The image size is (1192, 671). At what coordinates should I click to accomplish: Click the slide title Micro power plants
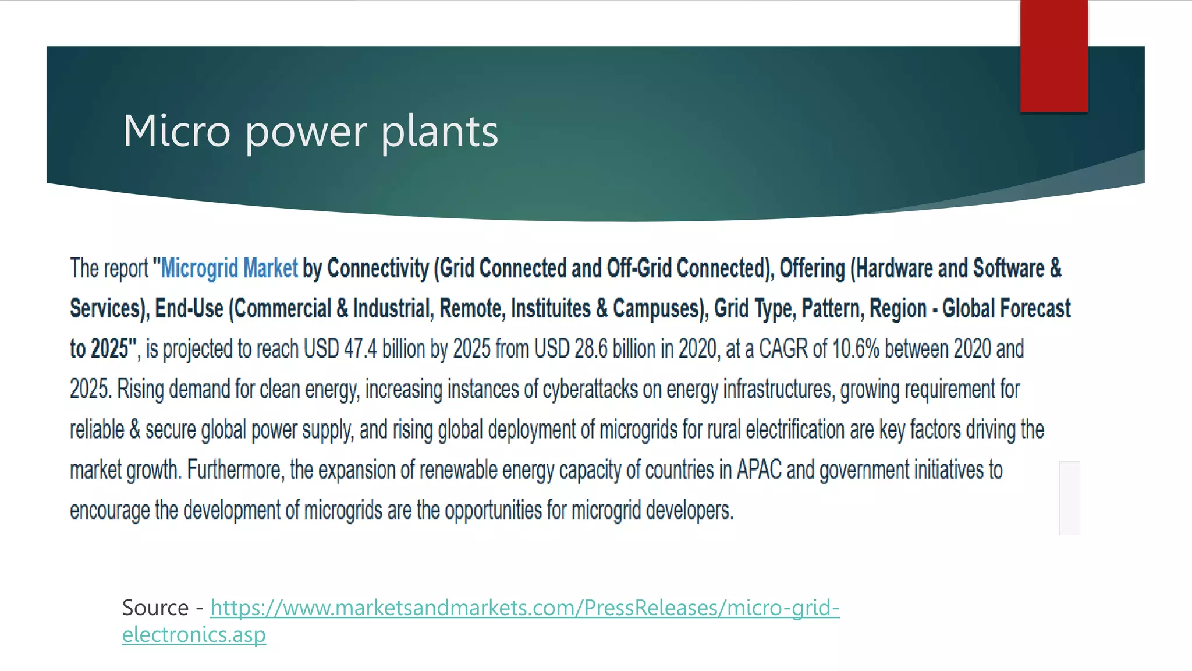point(310,131)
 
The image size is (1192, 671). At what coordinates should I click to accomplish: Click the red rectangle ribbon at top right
point(1053,56)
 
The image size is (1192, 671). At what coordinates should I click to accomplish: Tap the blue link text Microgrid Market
point(229,269)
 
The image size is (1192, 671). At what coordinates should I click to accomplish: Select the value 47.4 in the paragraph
point(360,349)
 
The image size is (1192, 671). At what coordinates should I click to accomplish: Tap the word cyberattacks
point(590,389)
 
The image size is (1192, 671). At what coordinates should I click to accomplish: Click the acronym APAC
point(759,469)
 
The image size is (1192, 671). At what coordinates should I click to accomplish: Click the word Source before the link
point(155,608)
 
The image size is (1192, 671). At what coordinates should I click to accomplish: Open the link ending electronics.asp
point(194,634)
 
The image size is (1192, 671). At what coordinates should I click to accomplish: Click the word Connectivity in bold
point(378,269)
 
